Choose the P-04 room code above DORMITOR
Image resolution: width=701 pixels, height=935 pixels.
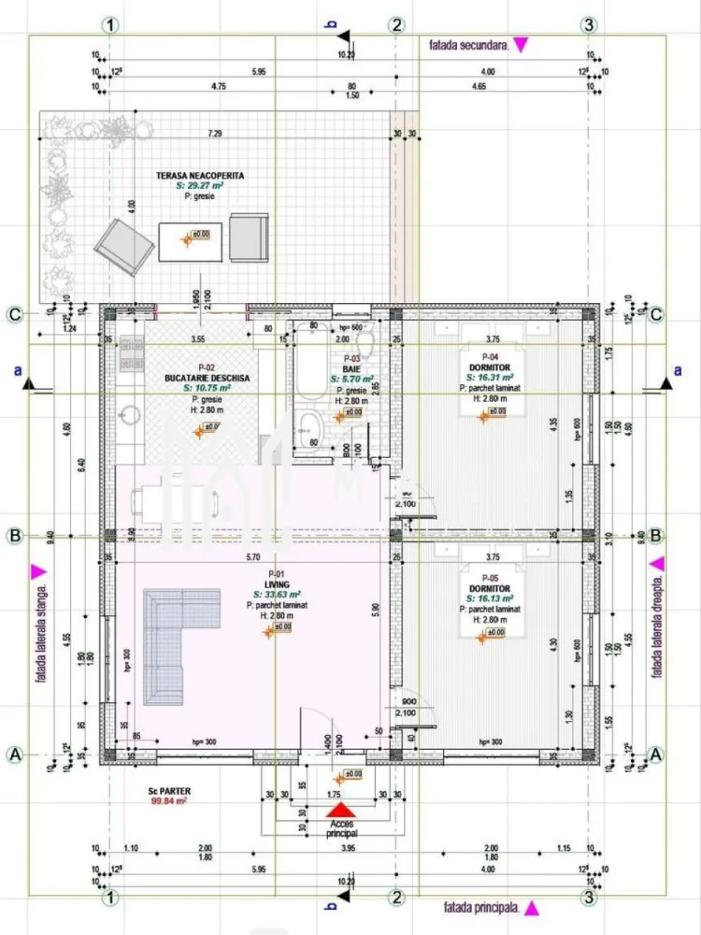click(x=490, y=356)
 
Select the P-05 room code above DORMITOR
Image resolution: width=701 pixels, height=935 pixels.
click(x=490, y=578)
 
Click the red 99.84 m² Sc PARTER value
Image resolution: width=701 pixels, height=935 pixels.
click(x=169, y=801)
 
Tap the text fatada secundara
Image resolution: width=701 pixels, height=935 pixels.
click(x=468, y=44)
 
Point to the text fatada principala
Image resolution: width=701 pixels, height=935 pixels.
click(x=481, y=907)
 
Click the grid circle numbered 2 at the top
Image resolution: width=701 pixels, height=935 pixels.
click(x=396, y=25)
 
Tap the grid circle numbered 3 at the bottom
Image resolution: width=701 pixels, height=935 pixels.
click(x=588, y=899)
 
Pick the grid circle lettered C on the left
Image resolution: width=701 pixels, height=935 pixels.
click(x=15, y=314)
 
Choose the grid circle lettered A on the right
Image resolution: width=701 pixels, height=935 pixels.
click(x=656, y=754)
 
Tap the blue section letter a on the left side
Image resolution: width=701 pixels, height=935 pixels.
click(x=18, y=370)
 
